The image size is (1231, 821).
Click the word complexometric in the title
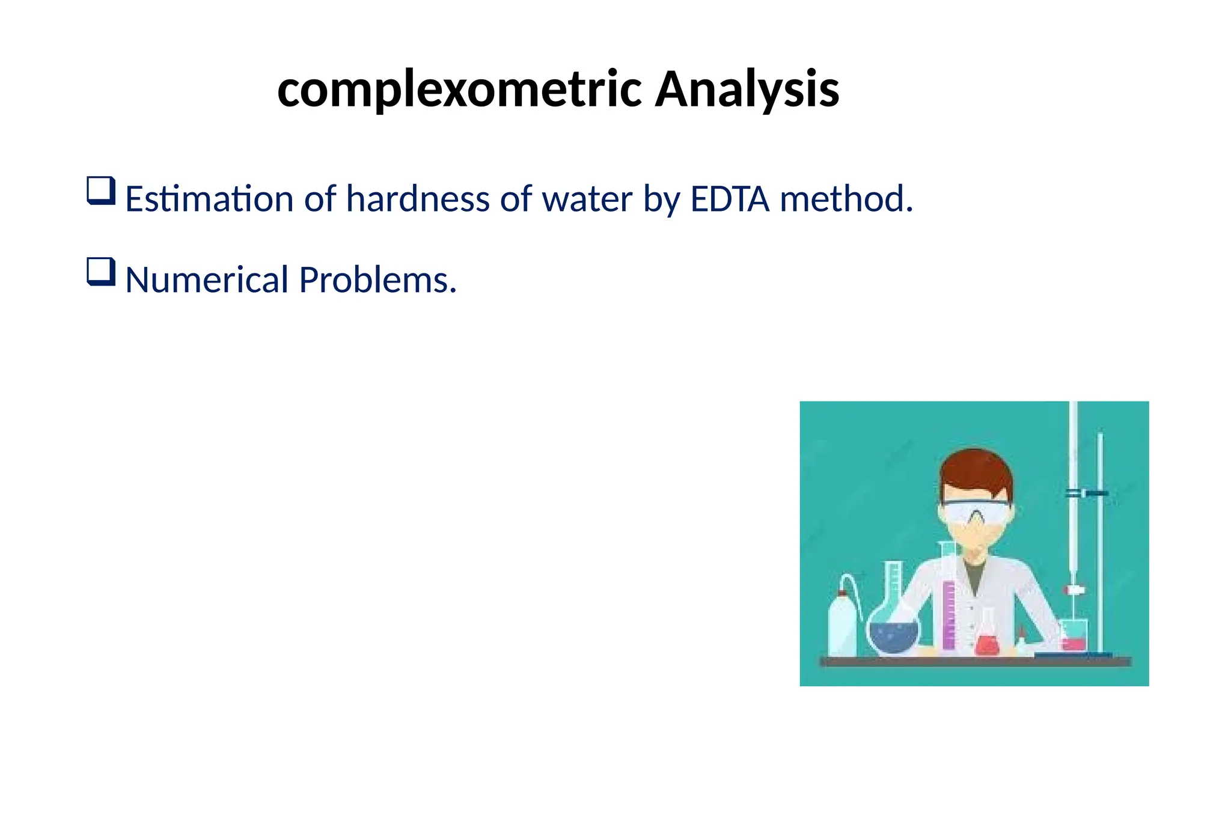pos(460,90)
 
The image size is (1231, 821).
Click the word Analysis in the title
pos(747,90)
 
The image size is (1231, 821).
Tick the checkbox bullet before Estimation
pos(100,191)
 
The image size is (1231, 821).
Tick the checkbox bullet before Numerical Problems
pos(100,272)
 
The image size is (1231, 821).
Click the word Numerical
pos(207,280)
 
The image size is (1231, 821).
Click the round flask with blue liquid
pos(894,634)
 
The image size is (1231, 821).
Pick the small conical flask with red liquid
pos(986,640)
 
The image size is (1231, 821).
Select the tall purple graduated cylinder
pos(948,613)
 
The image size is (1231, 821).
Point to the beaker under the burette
pos(1074,636)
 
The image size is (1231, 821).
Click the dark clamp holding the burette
pos(1087,493)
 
